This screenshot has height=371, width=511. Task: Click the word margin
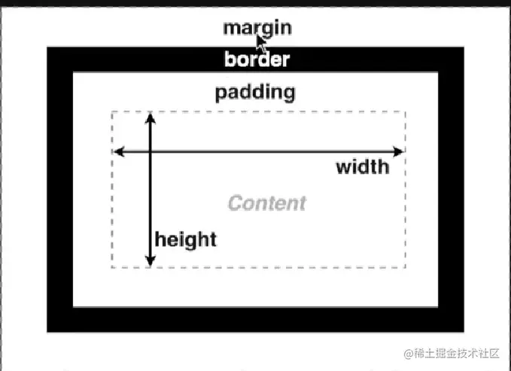(x=257, y=28)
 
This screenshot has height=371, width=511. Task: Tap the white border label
(x=257, y=59)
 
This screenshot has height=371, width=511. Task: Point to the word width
(x=363, y=166)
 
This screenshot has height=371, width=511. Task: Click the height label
(x=185, y=240)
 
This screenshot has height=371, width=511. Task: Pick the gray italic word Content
(x=266, y=203)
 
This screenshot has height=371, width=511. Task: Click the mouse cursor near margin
(x=261, y=40)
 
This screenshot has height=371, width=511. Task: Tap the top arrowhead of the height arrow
(x=151, y=117)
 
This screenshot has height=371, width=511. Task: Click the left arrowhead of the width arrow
(x=118, y=152)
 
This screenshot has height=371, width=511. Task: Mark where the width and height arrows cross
(x=151, y=152)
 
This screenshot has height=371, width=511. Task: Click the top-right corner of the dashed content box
(x=406, y=112)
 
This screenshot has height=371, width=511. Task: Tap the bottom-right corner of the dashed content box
(x=406, y=267)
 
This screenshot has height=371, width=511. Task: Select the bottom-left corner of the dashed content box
(x=112, y=267)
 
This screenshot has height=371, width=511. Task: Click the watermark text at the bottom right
(x=452, y=353)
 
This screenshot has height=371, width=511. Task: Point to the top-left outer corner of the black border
(x=47, y=47)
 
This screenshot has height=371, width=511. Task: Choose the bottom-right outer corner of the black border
(x=464, y=331)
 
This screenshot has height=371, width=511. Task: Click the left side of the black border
(x=60, y=188)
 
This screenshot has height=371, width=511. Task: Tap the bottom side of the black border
(x=256, y=319)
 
